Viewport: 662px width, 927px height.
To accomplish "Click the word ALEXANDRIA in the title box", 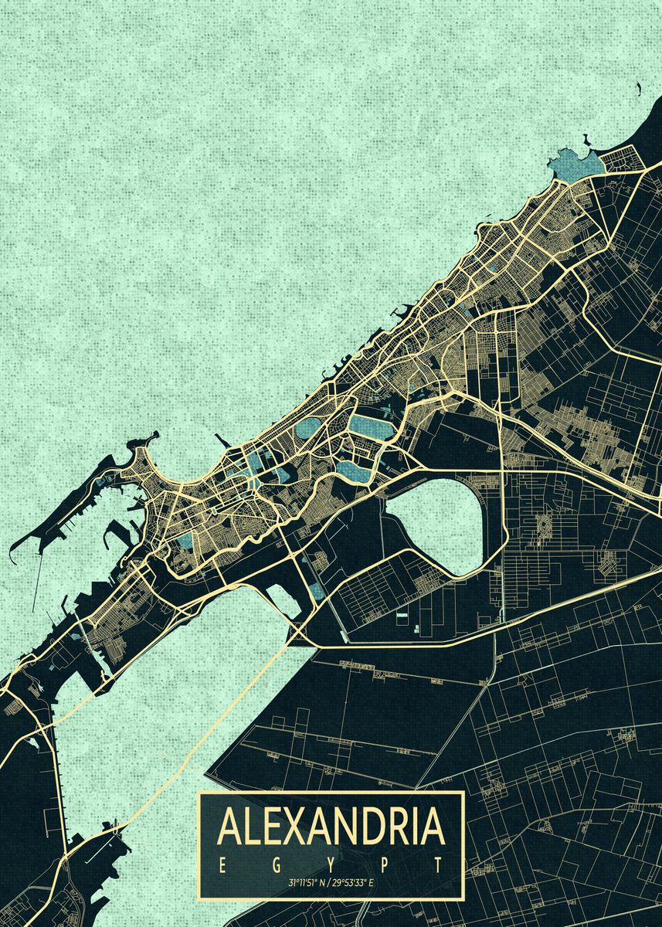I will [331, 827].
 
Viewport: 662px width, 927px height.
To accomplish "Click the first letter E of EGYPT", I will [221, 864].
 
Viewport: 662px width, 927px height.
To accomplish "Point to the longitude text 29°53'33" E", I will [353, 882].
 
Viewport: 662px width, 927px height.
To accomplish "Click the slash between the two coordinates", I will [328, 882].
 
